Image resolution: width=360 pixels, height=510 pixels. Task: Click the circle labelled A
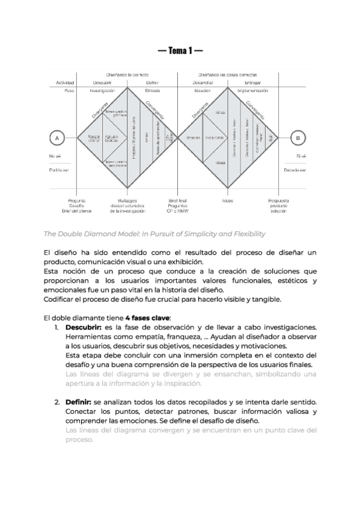(56, 138)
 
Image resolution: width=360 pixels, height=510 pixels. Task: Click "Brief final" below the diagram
(178, 200)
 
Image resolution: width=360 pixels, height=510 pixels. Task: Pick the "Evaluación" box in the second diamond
(215, 138)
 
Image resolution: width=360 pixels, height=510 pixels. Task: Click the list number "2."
(56, 401)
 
